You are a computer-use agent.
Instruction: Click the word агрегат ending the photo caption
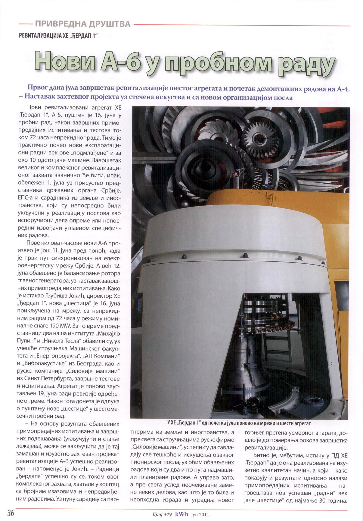tap(300, 423)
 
